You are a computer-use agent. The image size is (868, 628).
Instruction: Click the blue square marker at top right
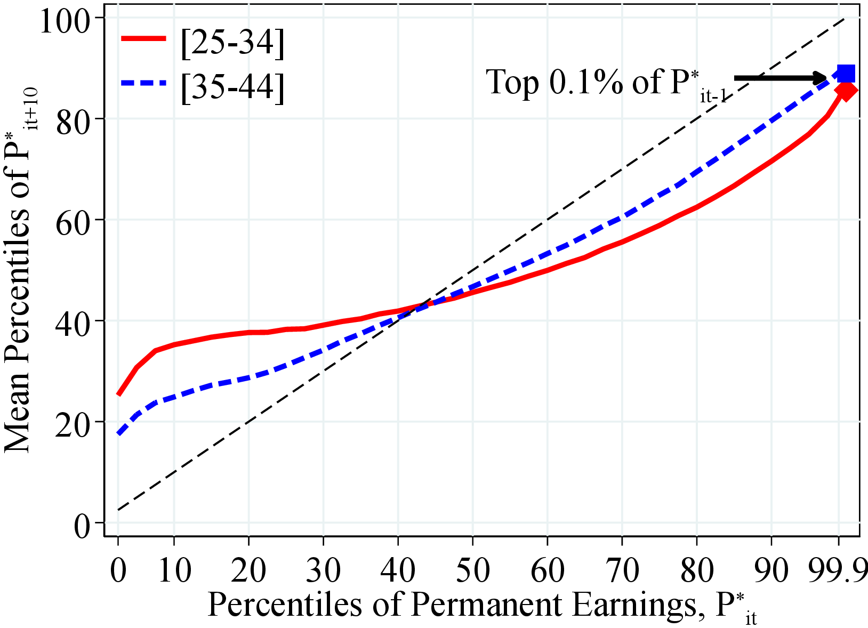[846, 73]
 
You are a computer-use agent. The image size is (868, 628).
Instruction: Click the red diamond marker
[846, 91]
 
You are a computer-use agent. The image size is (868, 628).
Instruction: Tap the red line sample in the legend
[144, 38]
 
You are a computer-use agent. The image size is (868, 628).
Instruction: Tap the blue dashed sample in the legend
[144, 83]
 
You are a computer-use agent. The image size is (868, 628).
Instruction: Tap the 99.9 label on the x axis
[838, 570]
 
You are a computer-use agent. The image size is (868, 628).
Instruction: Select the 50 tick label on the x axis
[472, 570]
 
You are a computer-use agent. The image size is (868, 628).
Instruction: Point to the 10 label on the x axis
[174, 570]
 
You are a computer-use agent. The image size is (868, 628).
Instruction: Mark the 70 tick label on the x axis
[622, 570]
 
